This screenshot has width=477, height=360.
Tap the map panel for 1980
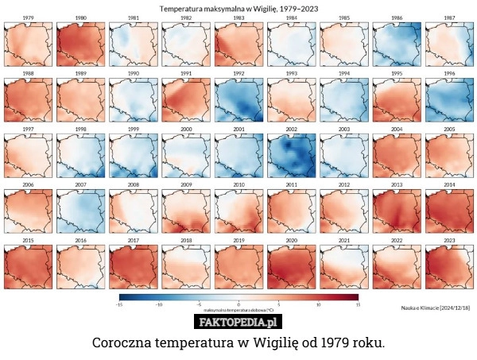80,44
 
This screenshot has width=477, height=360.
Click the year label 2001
238,129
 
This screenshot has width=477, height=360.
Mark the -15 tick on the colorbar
119,304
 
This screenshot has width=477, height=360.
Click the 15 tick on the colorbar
358,304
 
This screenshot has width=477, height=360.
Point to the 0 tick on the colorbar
238,304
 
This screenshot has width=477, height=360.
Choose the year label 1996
449,73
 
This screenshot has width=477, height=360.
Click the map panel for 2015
28,267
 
